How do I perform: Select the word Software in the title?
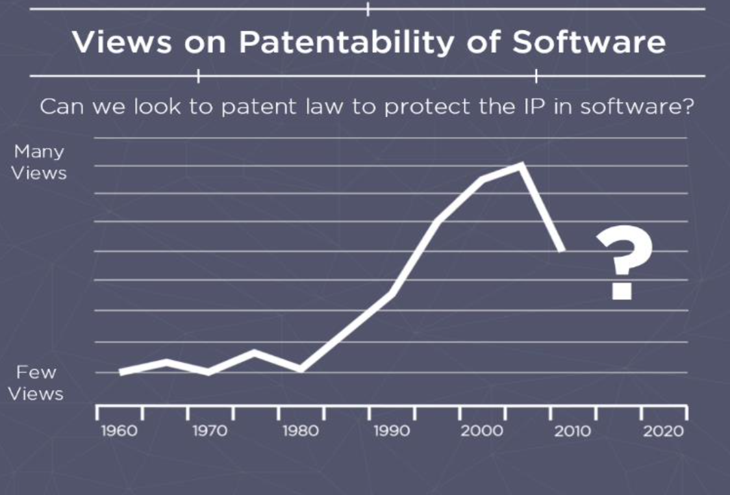(x=589, y=43)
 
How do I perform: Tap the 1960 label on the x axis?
(x=119, y=431)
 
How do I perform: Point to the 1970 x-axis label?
(x=210, y=431)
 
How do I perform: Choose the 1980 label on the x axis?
(x=301, y=431)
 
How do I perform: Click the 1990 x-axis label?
(x=392, y=431)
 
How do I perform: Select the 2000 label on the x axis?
(x=483, y=431)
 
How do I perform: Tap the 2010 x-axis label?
(x=573, y=431)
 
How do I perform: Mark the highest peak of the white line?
(x=521, y=164)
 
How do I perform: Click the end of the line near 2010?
(x=561, y=249)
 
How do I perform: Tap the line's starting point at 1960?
(x=121, y=372)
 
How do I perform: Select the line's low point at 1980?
(x=301, y=370)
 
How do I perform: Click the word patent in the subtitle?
(x=248, y=107)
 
